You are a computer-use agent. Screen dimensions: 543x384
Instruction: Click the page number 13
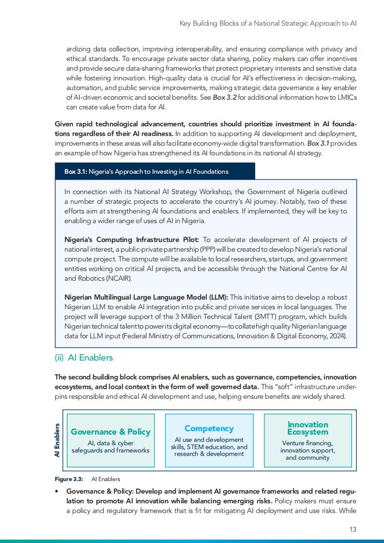(353, 529)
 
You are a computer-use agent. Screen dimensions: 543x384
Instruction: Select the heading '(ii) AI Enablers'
(83, 358)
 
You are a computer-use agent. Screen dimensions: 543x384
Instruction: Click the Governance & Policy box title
(110, 432)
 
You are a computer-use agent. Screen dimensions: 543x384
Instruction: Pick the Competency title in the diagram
(209, 428)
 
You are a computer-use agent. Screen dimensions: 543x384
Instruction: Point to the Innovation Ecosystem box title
(307, 428)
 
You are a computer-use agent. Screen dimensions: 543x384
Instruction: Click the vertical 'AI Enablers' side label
(57, 440)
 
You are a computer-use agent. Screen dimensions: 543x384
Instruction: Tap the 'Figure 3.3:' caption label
(69, 479)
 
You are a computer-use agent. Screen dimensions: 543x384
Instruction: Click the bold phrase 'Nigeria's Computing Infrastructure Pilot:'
(132, 240)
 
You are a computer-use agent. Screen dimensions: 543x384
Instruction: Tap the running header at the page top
(268, 23)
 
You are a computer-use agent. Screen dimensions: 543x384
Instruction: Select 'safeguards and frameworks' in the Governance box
(110, 450)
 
